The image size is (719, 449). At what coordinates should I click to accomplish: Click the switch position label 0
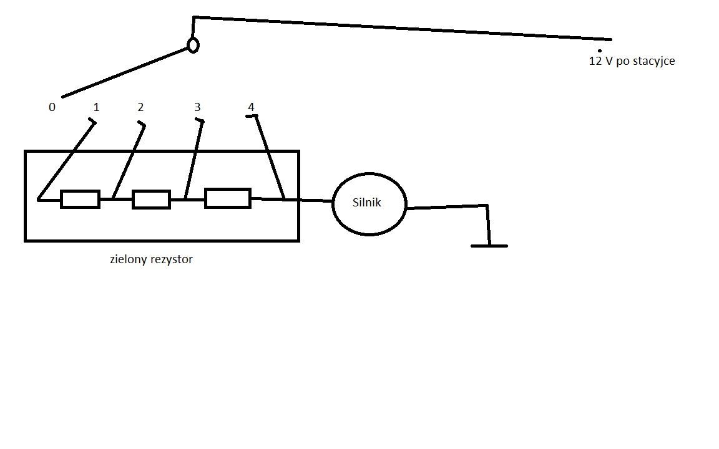click(52, 107)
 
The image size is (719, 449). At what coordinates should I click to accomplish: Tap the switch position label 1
click(96, 107)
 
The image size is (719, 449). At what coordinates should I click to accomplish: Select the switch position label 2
click(140, 107)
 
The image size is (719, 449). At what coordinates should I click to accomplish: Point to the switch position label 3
click(197, 107)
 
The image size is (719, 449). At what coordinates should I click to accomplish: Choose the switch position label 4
click(251, 107)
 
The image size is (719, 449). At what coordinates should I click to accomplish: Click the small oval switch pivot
click(193, 46)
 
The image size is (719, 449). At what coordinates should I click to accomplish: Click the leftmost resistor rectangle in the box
click(81, 200)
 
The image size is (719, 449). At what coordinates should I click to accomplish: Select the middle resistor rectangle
click(151, 200)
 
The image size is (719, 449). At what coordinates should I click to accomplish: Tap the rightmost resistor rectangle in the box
click(227, 198)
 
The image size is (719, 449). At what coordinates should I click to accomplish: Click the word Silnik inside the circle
click(366, 203)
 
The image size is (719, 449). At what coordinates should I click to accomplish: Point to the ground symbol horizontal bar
click(489, 246)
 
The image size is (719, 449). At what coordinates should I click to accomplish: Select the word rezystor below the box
click(172, 260)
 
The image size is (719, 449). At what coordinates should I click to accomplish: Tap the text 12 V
click(600, 61)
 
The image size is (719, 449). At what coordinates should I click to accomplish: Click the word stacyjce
click(653, 61)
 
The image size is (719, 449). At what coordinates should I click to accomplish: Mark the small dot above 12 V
click(599, 51)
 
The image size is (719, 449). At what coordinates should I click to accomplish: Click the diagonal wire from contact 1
click(67, 160)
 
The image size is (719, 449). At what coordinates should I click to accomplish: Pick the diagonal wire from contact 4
click(270, 158)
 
